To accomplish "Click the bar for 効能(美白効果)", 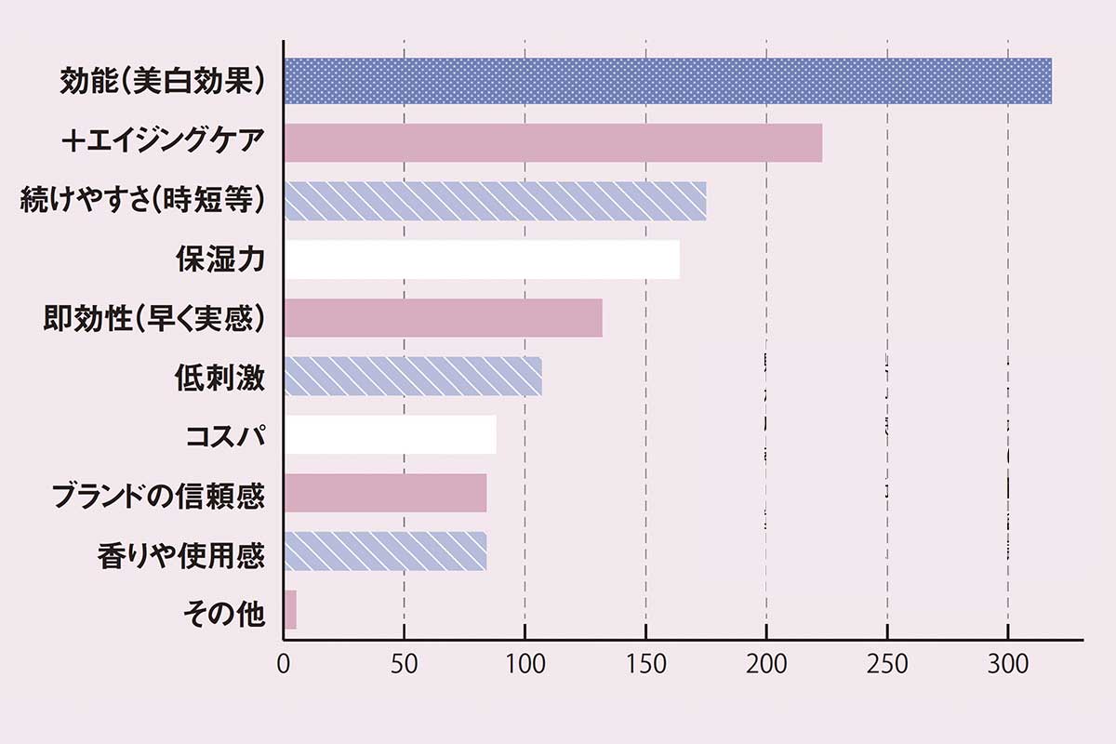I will tap(668, 81).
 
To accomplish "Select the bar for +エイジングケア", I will tap(552, 142).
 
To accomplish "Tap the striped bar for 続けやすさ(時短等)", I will tap(495, 201).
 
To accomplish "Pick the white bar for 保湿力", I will tap(482, 259).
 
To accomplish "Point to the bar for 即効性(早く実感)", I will tap(443, 318).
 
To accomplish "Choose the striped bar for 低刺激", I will tap(413, 376).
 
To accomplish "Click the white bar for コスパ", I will tap(390, 434).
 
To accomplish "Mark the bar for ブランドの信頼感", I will tap(385, 493).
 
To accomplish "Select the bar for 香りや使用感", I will tap(385, 551).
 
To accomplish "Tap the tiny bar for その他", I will tap(290, 609).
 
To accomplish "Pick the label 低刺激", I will tap(220, 378).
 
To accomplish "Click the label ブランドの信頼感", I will tap(157, 496).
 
